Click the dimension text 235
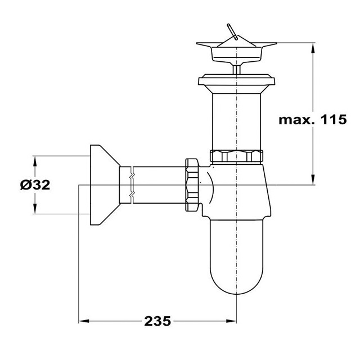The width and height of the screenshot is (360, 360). [157, 321]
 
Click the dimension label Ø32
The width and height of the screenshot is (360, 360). [35, 185]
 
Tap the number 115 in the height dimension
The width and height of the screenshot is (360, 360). [333, 119]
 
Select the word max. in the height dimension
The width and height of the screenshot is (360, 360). [297, 120]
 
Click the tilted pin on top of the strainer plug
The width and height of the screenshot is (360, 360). [232, 31]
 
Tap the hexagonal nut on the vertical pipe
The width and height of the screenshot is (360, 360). [236, 156]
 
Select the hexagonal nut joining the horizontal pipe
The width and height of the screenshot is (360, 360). [192, 184]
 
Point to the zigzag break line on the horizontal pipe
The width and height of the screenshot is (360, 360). [132, 185]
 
